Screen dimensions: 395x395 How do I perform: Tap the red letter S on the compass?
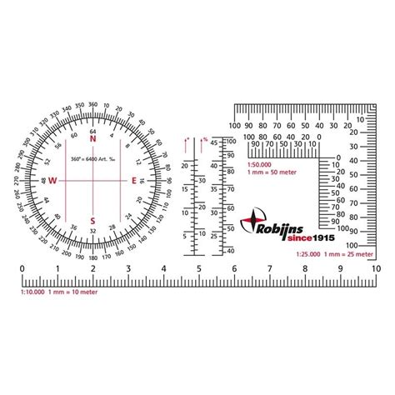point(92,221)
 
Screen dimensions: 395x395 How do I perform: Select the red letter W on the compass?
point(52,180)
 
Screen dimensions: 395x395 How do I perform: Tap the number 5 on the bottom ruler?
point(199,269)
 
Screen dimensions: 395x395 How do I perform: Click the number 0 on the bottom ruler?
point(21,269)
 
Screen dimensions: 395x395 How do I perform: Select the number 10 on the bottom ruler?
point(377,269)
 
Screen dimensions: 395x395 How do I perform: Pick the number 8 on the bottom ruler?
point(306,269)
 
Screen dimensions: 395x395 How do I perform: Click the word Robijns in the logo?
point(287,224)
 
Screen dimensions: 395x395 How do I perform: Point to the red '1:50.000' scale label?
point(259,165)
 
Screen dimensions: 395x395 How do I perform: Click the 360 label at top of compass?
point(92,103)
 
